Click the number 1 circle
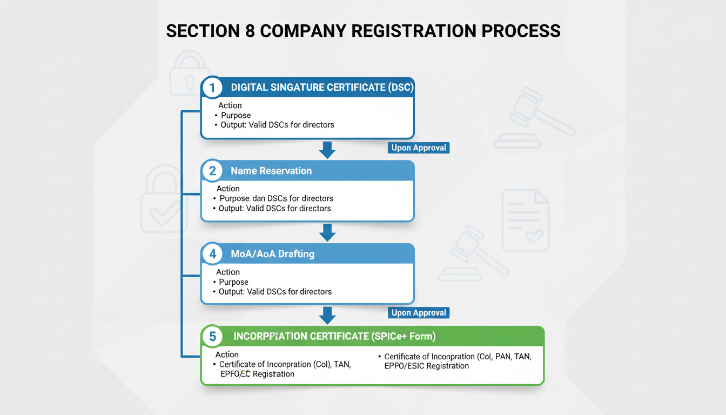click(x=212, y=88)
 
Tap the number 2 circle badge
click(x=212, y=171)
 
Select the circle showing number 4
click(x=212, y=254)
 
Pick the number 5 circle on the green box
click(x=212, y=337)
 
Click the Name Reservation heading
click(x=271, y=171)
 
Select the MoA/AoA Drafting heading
click(x=272, y=254)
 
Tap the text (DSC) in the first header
click(x=400, y=88)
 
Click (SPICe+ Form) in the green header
click(x=403, y=337)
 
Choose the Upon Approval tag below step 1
click(x=419, y=148)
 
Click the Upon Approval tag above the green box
click(x=419, y=313)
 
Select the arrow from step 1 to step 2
click(x=327, y=150)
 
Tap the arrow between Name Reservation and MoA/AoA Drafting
click(x=327, y=232)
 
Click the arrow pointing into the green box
click(x=327, y=315)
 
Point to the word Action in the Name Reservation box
click(x=228, y=189)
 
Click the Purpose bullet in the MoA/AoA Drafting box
click(x=233, y=282)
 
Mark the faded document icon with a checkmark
click(x=525, y=220)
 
